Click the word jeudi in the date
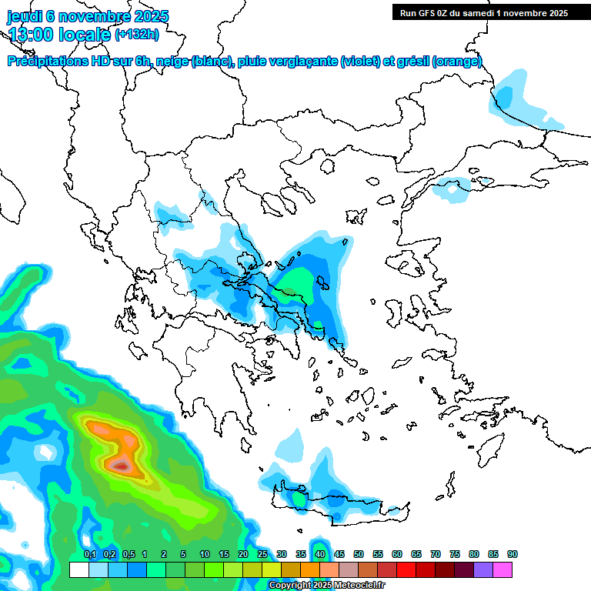click(x=25, y=16)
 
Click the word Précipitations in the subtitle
click(x=45, y=62)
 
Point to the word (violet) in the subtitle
click(x=359, y=62)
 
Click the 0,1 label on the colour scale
click(x=89, y=555)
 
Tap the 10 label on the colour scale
click(x=205, y=555)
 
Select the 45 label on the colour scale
click(x=339, y=555)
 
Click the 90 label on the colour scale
click(x=513, y=555)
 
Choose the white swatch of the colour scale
click(x=78, y=569)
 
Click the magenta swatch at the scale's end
click(x=503, y=569)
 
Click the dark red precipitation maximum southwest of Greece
click(x=121, y=466)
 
